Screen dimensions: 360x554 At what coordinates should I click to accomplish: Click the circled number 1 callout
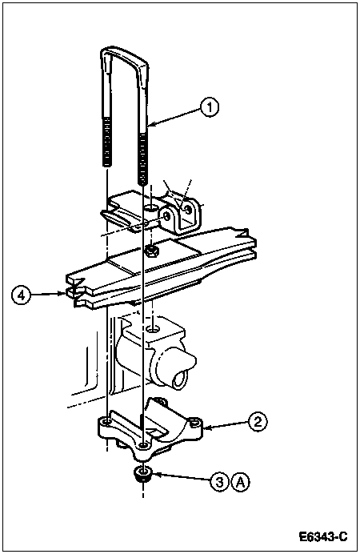(210, 107)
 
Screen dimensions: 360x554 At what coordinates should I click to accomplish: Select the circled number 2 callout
(258, 422)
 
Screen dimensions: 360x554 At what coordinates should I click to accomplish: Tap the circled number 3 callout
(220, 482)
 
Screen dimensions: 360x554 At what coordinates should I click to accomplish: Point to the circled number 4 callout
(22, 295)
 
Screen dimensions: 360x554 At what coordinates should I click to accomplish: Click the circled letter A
(240, 482)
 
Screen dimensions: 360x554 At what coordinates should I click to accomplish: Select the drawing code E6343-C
(323, 537)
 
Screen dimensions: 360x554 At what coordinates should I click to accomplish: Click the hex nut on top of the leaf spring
(151, 251)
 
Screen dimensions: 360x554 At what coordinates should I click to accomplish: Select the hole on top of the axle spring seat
(153, 330)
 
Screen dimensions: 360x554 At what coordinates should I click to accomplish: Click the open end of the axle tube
(180, 380)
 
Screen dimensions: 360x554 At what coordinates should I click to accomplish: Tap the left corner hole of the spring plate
(106, 422)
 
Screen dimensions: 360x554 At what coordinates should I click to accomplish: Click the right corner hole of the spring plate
(194, 422)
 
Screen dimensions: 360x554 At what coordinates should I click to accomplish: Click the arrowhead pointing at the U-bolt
(151, 123)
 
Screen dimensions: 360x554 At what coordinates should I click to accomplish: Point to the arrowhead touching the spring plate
(207, 428)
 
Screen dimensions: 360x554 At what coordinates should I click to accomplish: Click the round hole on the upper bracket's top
(152, 209)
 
